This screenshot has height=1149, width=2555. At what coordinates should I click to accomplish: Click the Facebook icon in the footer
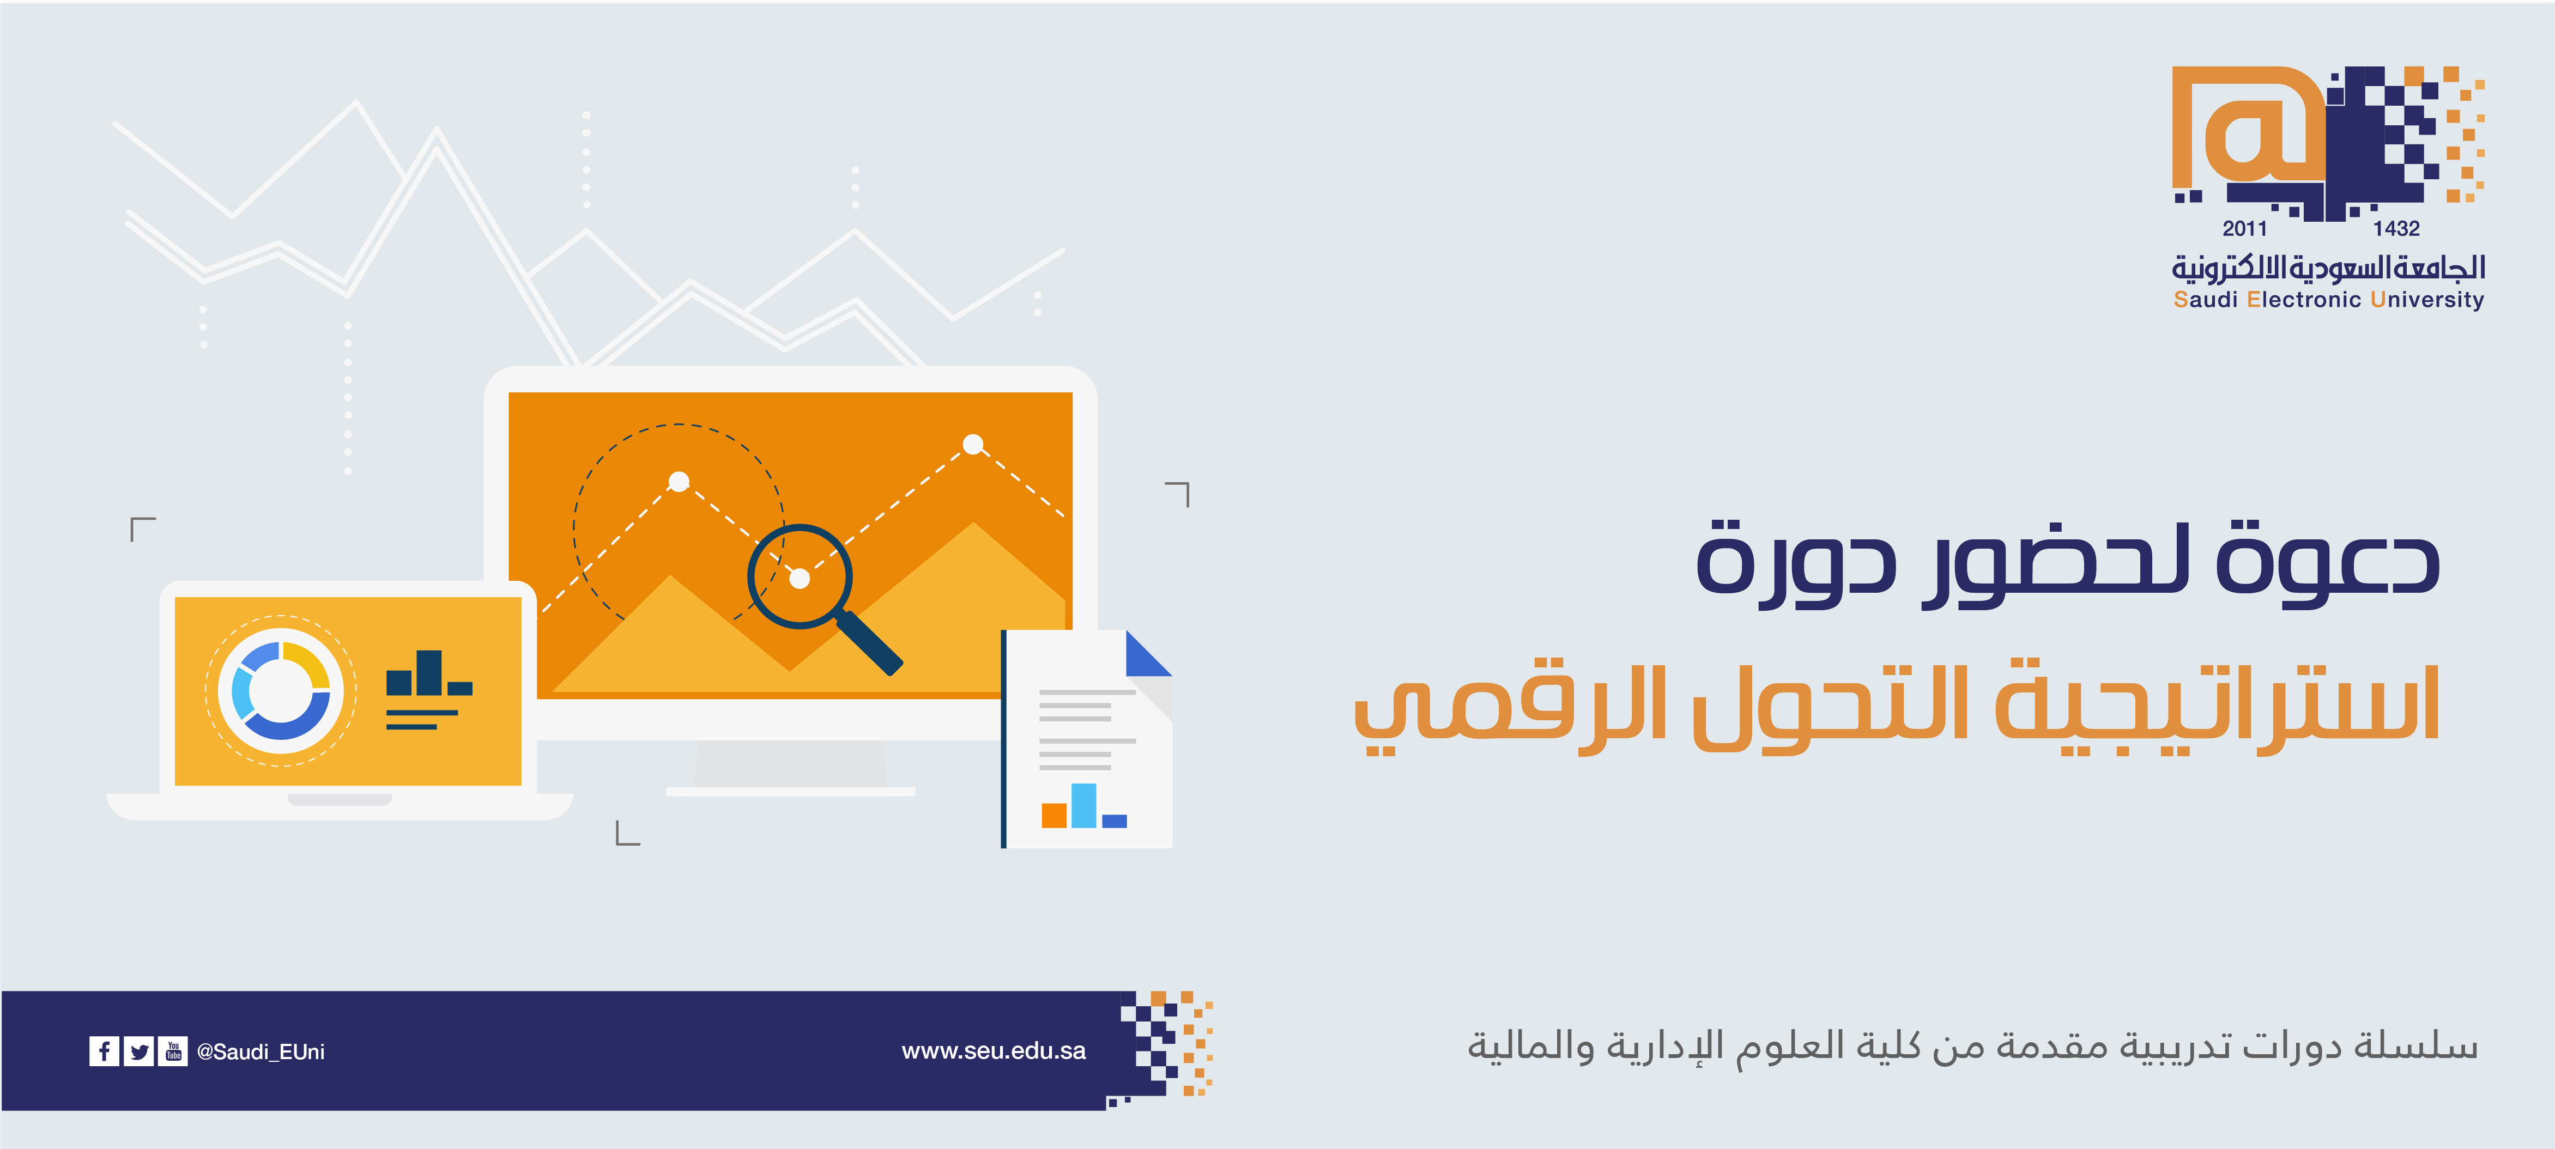(x=104, y=1051)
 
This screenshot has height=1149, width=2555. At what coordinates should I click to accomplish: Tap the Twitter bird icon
(x=139, y=1051)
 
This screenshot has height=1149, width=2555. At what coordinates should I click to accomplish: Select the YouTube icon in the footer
(x=173, y=1051)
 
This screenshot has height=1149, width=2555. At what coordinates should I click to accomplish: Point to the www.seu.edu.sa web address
(x=994, y=1051)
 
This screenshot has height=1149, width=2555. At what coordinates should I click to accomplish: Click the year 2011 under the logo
(x=2244, y=229)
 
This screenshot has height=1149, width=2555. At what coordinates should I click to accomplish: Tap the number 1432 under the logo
(x=2396, y=229)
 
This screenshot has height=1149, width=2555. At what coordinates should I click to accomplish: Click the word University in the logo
(x=2427, y=300)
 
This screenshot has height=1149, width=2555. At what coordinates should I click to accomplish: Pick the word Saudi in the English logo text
(x=2205, y=300)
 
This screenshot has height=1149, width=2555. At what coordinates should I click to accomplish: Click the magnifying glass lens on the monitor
(x=800, y=576)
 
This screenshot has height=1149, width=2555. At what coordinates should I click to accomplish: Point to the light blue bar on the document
(x=1084, y=805)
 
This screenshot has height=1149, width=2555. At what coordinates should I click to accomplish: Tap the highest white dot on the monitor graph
(x=973, y=444)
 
